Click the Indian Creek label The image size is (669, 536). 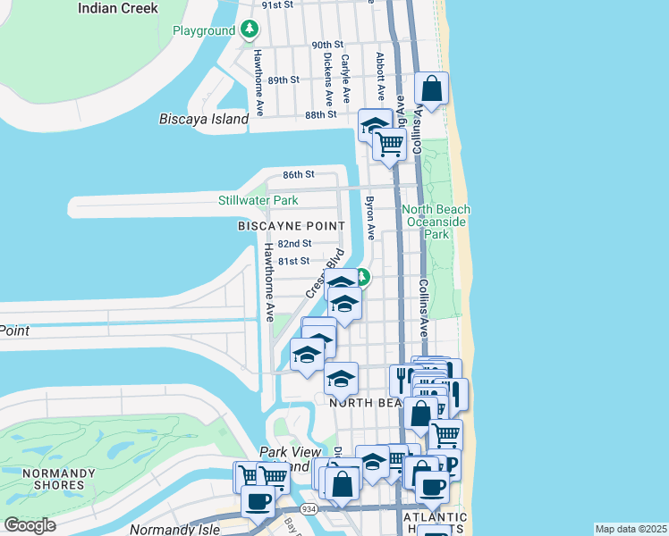click(118, 8)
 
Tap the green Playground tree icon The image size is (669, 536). click(250, 30)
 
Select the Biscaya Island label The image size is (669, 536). click(203, 119)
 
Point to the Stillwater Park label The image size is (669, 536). click(258, 201)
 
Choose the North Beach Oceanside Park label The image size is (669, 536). click(436, 222)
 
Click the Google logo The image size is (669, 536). click(30, 525)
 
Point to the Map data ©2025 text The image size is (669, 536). click(631, 529)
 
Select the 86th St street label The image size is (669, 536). click(299, 174)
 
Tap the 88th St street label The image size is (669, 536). click(320, 114)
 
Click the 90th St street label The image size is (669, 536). click(327, 45)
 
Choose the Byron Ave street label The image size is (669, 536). click(369, 219)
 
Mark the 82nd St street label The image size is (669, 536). click(294, 243)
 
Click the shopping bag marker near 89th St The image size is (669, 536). click(431, 89)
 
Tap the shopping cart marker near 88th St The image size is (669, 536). click(389, 143)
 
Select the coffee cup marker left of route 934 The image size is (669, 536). click(258, 501)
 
